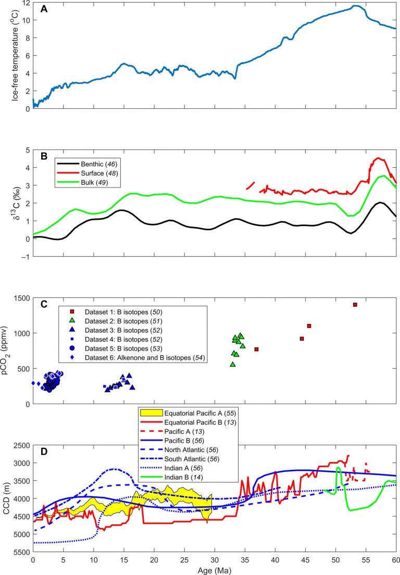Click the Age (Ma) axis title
214,569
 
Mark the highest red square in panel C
355,305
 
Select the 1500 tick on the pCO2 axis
21,297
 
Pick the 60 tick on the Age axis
395,559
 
